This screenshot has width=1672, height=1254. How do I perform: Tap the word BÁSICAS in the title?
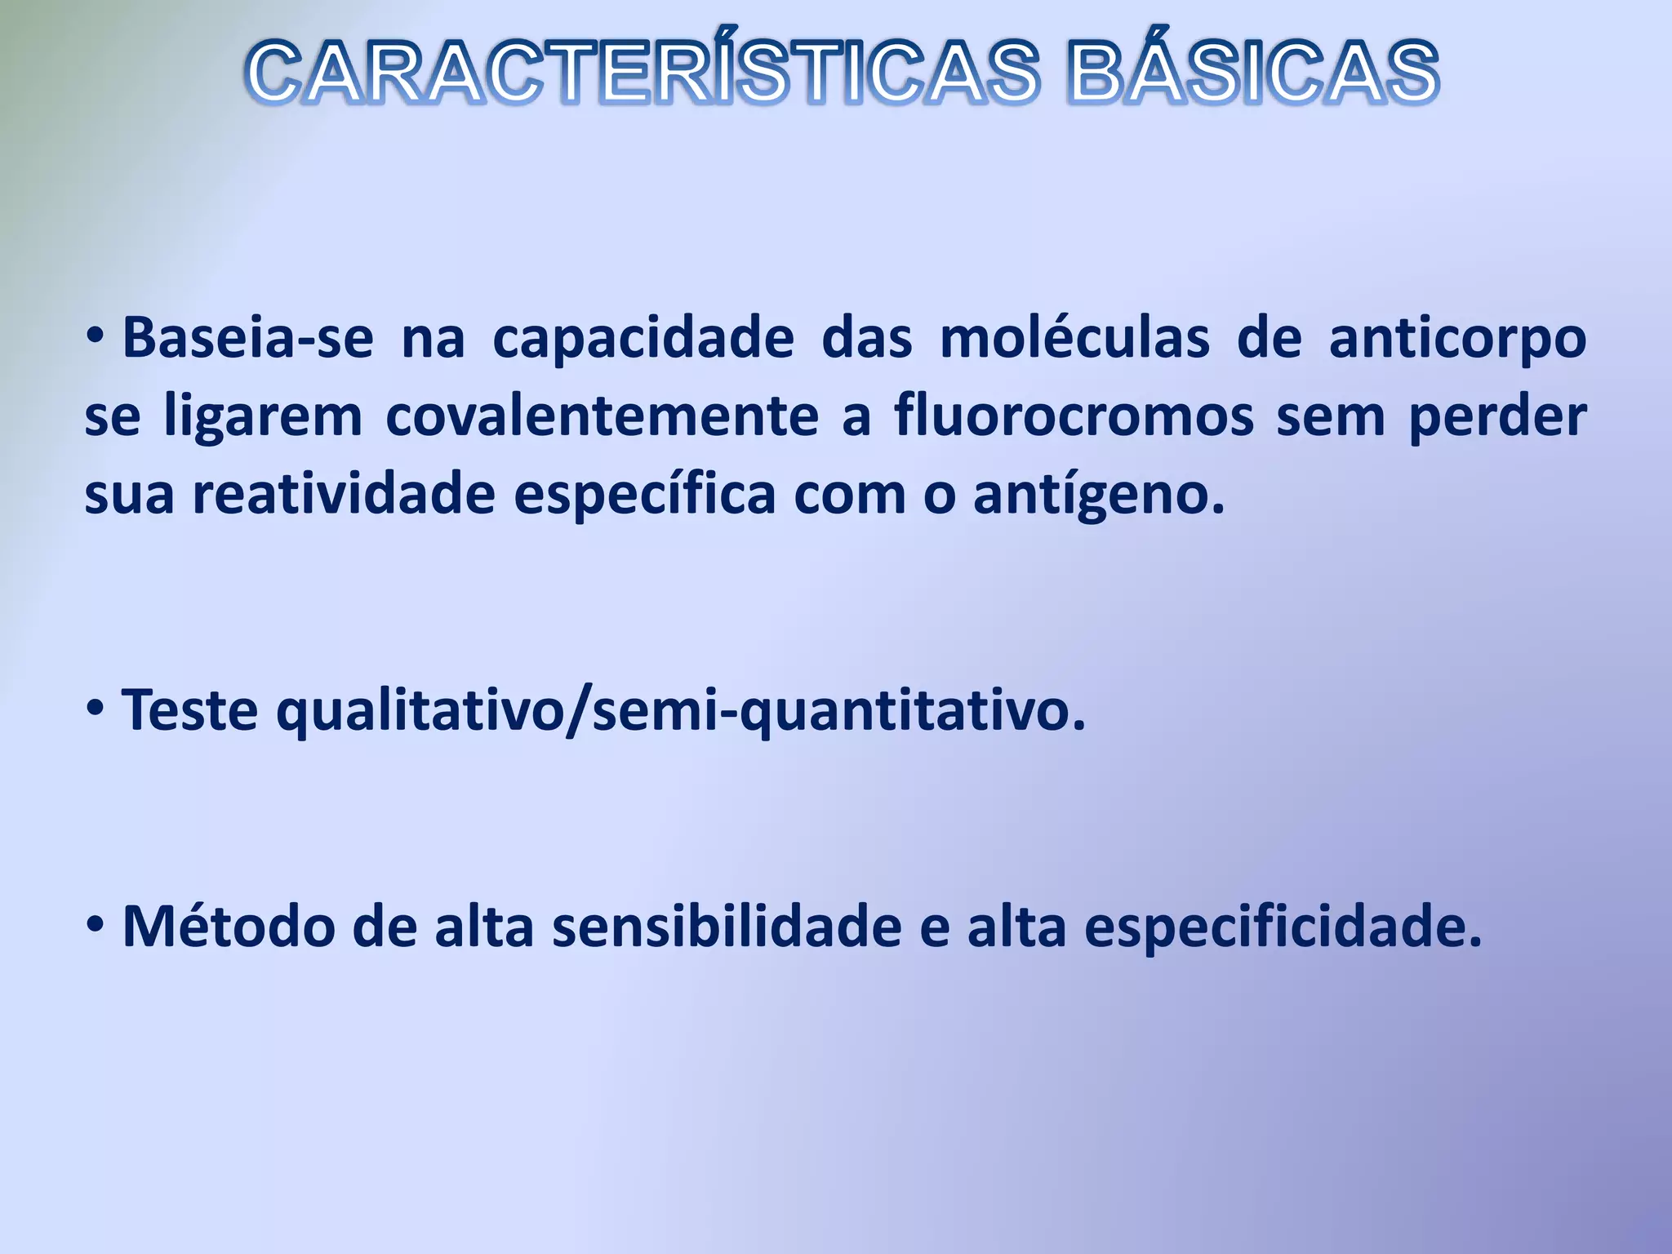coord(1253,73)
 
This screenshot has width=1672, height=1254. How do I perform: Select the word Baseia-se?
coord(247,338)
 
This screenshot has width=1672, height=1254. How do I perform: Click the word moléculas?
coord(1074,338)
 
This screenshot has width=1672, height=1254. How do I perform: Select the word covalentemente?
coord(602,416)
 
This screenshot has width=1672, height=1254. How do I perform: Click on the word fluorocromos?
coord(1074,416)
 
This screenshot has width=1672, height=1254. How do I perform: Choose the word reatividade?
coord(344,494)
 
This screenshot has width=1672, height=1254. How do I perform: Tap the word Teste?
coord(190,710)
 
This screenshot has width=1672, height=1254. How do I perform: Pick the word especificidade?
coord(1282,928)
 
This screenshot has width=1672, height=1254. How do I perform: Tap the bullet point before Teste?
coord(96,708)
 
